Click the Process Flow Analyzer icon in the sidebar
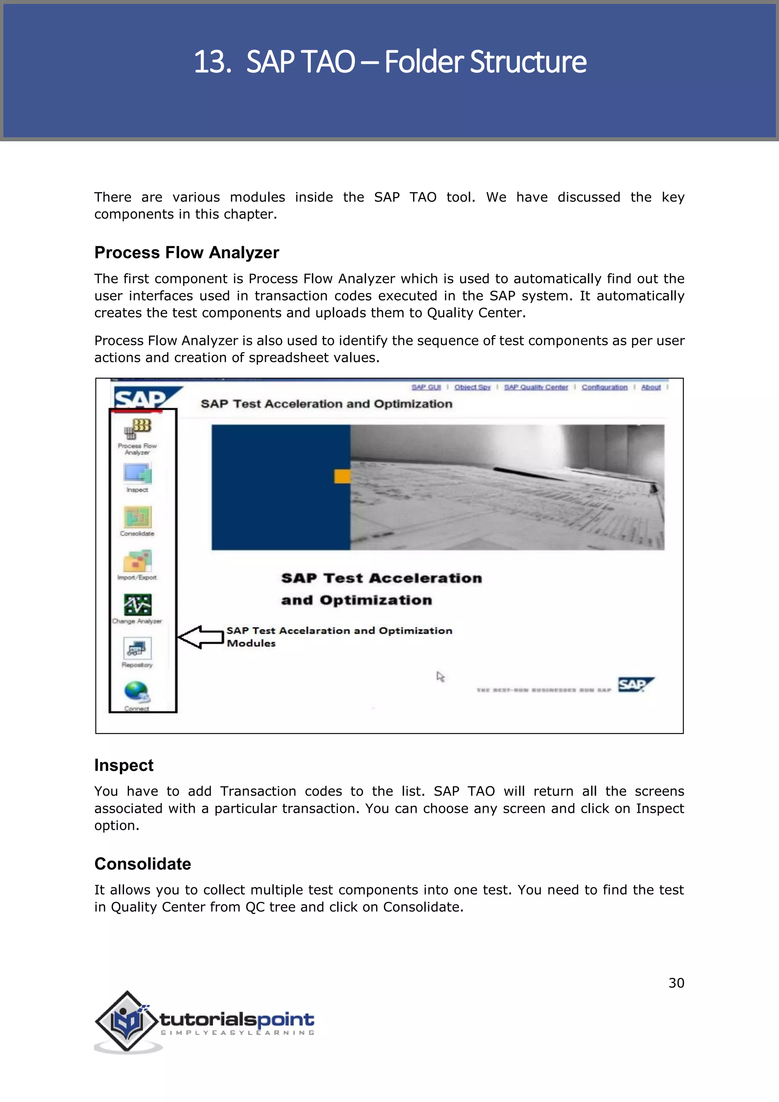click(137, 428)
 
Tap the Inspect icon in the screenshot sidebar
click(138, 473)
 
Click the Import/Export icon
click(137, 561)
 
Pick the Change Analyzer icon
click(138, 604)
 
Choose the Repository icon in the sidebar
click(137, 648)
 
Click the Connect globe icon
click(137, 692)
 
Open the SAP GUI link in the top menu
click(426, 387)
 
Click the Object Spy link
click(472, 387)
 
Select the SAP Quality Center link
click(536, 387)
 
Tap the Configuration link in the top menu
click(604, 387)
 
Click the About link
click(650, 387)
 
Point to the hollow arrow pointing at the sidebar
click(200, 637)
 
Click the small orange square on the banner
click(342, 476)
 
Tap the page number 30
click(676, 983)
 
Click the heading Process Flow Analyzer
click(187, 252)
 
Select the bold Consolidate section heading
click(143, 864)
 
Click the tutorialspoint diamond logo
click(126, 1021)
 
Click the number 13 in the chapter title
click(210, 62)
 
